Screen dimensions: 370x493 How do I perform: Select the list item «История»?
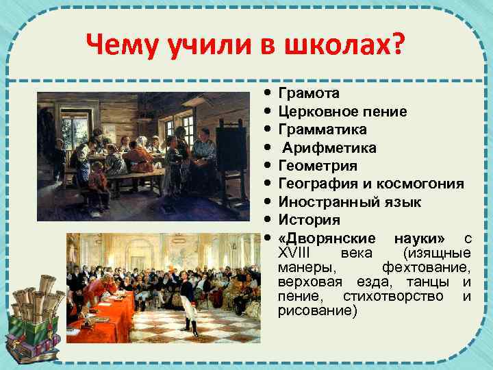click(309, 221)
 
